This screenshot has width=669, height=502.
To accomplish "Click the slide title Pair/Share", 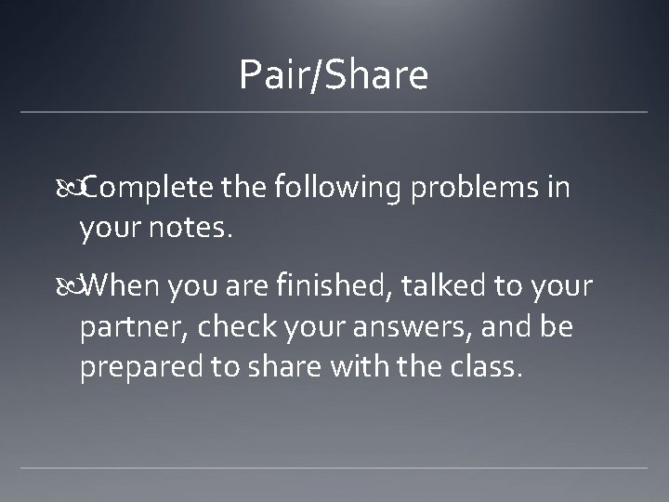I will pyautogui.click(x=334, y=75).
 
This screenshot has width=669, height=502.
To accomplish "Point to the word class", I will pyautogui.click(x=491, y=368).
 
